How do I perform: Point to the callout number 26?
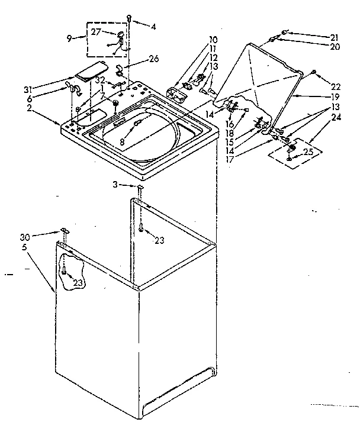coord(154,59)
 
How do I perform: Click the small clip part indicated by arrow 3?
coord(140,187)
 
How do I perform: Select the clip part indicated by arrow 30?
coord(63,230)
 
